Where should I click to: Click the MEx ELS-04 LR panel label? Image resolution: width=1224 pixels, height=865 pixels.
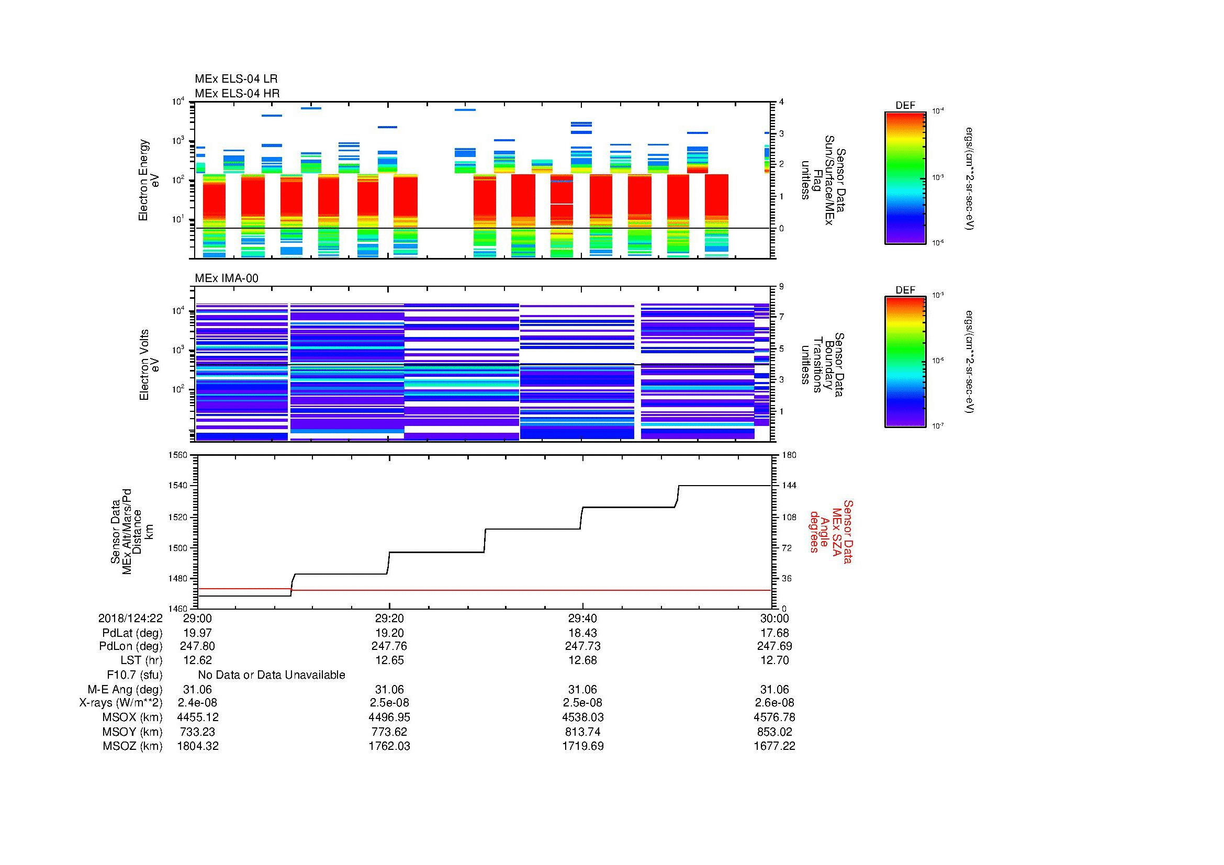[236, 79]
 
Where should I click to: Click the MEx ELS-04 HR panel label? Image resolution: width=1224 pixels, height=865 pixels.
[237, 93]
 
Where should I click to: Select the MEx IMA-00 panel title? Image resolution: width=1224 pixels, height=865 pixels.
[227, 278]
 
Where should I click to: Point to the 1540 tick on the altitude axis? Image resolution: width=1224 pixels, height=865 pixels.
[178, 486]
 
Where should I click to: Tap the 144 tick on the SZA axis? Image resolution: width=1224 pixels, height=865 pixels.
[789, 486]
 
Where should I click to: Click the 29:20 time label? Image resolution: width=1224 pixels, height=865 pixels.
[389, 618]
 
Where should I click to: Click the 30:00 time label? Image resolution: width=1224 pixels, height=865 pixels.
[774, 618]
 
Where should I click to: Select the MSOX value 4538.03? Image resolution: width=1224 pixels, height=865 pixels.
[582, 717]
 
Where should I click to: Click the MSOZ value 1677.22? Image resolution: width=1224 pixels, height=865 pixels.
[774, 746]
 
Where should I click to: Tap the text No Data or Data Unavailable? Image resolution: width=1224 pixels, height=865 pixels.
[272, 675]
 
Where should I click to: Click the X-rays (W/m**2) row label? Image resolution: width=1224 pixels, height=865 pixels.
[121, 703]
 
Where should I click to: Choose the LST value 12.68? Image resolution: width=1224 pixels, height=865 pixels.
[582, 660]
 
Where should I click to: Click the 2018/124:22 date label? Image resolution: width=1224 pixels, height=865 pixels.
[130, 618]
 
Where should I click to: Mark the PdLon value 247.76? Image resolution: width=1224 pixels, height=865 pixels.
[389, 646]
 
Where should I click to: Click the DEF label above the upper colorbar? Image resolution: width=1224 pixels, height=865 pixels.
[905, 106]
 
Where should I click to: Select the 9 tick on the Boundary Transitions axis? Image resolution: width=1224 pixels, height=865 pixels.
[781, 287]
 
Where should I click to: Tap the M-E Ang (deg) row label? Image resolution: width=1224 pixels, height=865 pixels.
[125, 689]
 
